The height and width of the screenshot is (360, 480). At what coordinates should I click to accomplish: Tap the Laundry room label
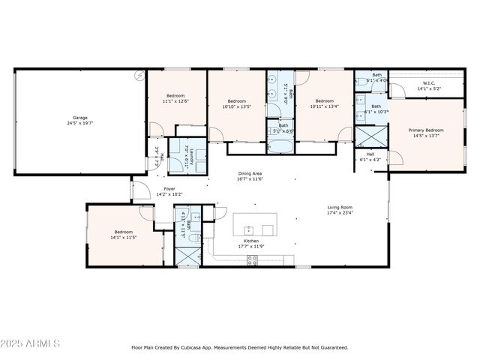190,157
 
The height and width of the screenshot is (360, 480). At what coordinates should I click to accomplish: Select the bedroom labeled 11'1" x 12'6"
175,99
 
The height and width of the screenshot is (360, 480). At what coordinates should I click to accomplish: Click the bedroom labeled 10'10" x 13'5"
236,103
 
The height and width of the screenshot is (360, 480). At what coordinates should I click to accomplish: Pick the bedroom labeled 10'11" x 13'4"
324,103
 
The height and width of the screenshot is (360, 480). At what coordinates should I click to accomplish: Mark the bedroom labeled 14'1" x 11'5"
123,234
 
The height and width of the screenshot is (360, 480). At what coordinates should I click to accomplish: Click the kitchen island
255,223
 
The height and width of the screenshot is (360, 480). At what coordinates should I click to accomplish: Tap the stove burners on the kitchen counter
253,260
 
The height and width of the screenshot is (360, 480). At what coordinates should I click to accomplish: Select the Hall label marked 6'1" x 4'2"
370,157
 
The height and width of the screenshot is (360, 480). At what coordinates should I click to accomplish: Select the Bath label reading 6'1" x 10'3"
376,109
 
